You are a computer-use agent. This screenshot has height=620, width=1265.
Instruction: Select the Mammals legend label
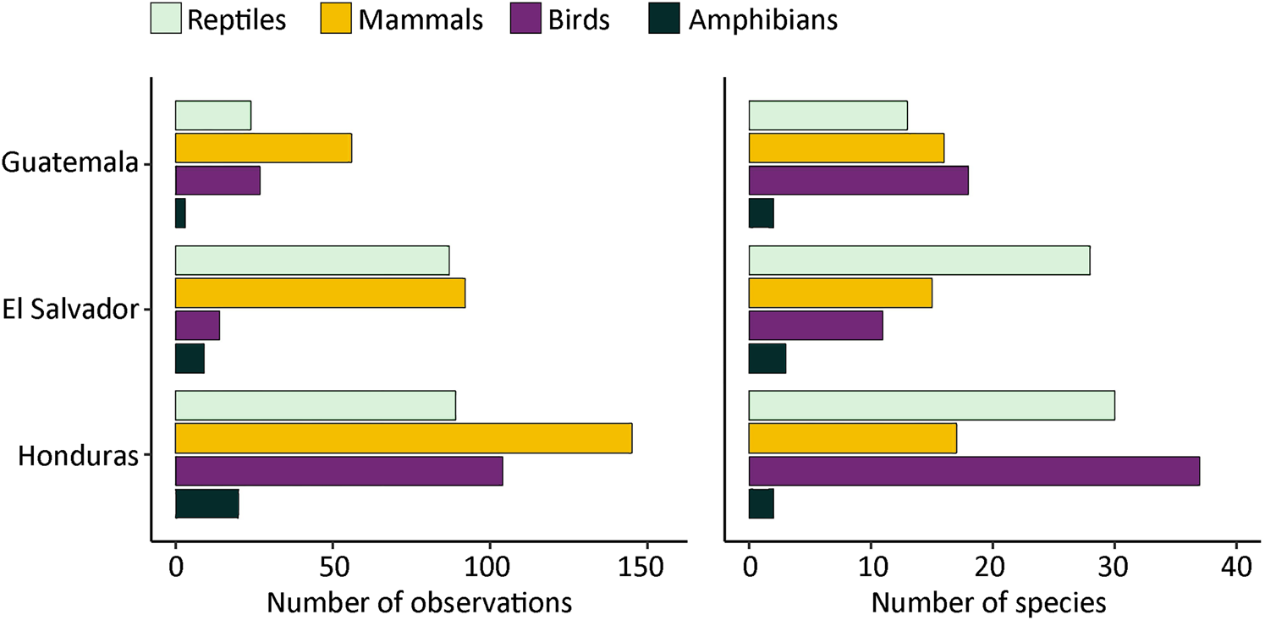421,19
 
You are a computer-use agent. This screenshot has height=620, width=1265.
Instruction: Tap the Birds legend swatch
524,19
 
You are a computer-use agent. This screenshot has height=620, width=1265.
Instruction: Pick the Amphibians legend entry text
763,19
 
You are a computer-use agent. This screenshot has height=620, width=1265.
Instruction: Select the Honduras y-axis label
78,455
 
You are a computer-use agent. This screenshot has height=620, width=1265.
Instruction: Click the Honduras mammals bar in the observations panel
404,438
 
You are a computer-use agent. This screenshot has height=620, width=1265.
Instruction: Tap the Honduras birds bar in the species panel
974,471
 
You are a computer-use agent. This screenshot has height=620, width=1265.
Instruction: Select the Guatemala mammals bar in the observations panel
263,147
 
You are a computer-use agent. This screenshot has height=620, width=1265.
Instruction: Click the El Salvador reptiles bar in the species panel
919,261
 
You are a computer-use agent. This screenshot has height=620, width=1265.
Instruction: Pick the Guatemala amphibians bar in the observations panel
180,213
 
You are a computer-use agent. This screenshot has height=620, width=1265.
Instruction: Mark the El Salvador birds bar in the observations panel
197,326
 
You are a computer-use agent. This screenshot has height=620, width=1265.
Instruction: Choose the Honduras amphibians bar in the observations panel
206,503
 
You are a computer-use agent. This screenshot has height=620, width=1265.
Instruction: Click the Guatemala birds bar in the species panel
858,180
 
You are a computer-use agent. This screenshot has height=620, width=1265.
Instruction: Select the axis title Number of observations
419,602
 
